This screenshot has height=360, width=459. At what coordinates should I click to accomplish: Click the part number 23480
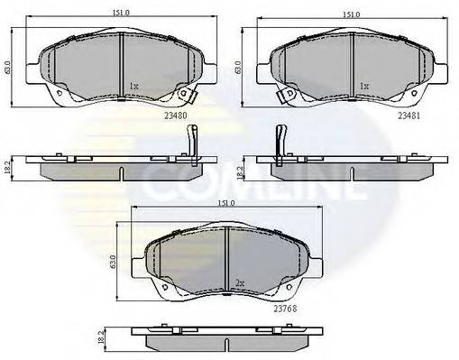click(176, 115)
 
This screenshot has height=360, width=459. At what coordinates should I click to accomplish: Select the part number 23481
click(409, 115)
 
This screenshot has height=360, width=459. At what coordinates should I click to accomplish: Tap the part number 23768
click(285, 309)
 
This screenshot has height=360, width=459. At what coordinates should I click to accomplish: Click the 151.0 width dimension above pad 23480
click(121, 13)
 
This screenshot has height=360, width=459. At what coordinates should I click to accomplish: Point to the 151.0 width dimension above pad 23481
click(352, 14)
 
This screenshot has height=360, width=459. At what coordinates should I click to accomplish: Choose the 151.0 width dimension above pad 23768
click(225, 203)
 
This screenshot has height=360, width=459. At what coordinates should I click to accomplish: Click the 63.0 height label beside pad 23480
click(8, 68)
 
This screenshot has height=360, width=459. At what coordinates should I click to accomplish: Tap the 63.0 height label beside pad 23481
click(238, 68)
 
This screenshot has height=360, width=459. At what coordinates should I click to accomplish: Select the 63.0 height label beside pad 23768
click(113, 262)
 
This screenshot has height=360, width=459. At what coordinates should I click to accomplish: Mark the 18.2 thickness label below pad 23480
click(8, 168)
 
